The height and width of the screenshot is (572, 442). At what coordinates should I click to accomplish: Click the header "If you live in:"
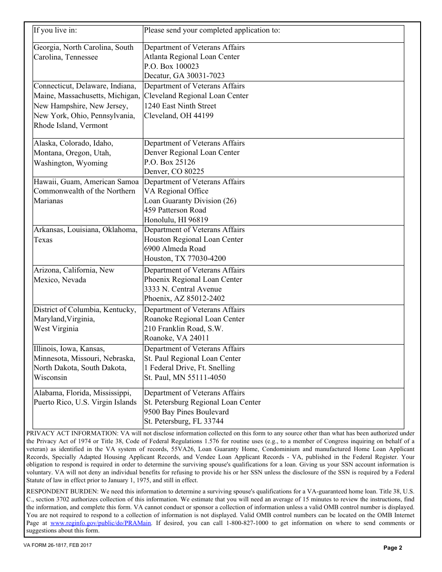pyautogui.click(x=55, y=31)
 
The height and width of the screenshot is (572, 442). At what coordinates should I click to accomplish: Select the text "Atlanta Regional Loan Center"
pyautogui.click(x=192, y=57)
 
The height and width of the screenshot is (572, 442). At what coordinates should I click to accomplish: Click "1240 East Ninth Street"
pyautogui.click(x=180, y=106)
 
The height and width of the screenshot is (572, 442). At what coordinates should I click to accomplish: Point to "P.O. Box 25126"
pyautogui.click(x=169, y=162)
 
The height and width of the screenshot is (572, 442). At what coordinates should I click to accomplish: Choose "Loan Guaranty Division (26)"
pyautogui.click(x=190, y=201)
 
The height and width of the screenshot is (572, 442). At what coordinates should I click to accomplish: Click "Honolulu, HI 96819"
pyautogui.click(x=176, y=220)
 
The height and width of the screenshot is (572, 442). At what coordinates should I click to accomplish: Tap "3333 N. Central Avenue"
pyautogui.click(x=183, y=289)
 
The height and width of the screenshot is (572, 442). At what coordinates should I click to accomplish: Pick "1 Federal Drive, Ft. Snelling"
pyautogui.click(x=189, y=368)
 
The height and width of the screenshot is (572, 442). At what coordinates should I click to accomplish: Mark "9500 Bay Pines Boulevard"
pyautogui.click(x=186, y=412)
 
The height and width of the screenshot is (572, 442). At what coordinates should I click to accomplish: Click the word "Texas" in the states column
pyautogui.click(x=43, y=240)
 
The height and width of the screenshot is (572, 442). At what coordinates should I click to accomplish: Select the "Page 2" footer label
pyautogui.click(x=393, y=548)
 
